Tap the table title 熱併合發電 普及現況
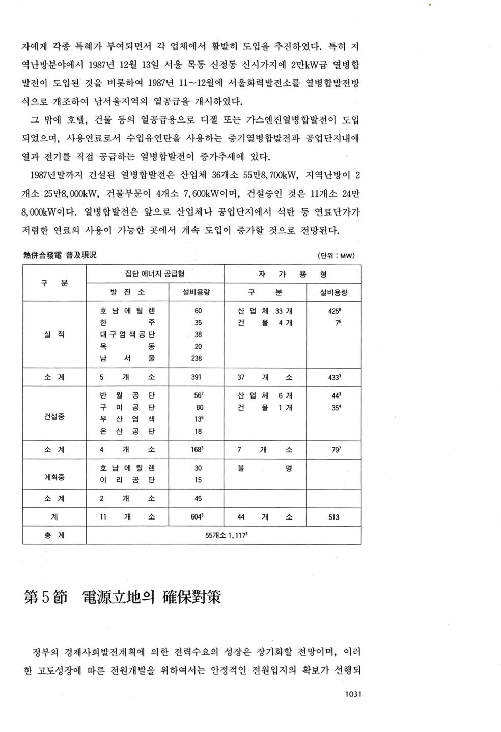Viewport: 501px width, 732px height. pos(60,255)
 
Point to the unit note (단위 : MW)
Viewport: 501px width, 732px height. pos(336,256)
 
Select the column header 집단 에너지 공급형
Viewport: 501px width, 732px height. pos(155,273)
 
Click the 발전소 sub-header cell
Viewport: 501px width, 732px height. pos(127,292)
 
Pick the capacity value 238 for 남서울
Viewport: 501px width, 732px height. pos(196,358)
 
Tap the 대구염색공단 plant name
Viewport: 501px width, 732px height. pos(127,334)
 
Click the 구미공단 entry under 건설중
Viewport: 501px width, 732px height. pos(127,407)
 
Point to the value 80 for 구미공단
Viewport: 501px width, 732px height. pos(199,407)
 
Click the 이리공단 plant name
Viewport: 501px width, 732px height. pos(127,480)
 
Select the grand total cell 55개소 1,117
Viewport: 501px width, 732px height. pos(224,535)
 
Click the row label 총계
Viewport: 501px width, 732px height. pos(54,535)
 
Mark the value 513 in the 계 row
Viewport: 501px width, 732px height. pos(333,517)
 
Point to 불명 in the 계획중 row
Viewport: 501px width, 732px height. pos(264,468)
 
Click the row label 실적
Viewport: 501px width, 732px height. pos(54,334)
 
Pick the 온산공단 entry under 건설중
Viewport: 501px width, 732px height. pos(127,431)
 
